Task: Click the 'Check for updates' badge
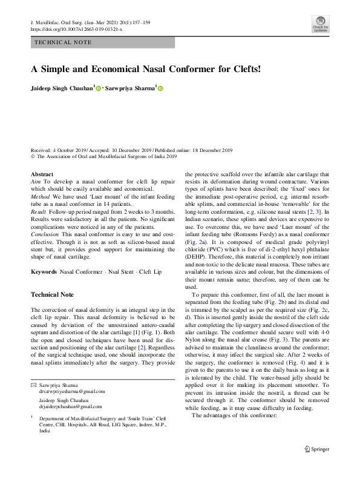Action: coord(320,25)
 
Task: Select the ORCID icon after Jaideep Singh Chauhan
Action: coord(98,88)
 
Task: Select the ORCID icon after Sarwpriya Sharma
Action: coord(161,88)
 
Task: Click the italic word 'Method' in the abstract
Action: coord(41,196)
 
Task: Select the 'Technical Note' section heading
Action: coord(52,295)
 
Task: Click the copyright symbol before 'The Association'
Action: coord(33,156)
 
